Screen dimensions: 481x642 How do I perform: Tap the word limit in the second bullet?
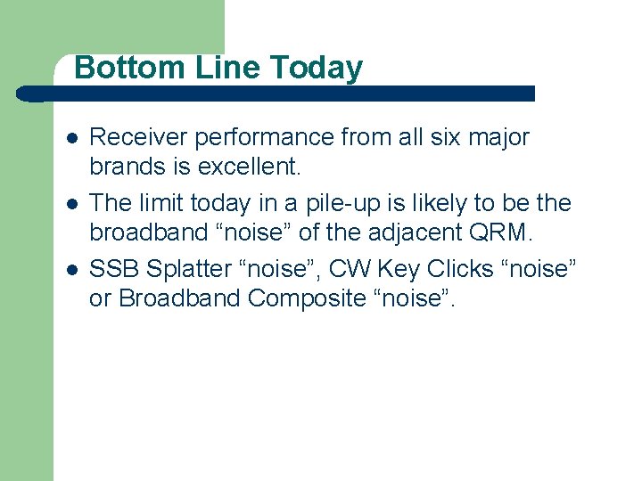[x=163, y=204]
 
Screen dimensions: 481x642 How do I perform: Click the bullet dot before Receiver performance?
[x=72, y=139]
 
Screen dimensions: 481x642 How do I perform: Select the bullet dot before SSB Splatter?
[x=72, y=270]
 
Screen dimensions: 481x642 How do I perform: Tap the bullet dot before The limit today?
[x=72, y=205]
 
